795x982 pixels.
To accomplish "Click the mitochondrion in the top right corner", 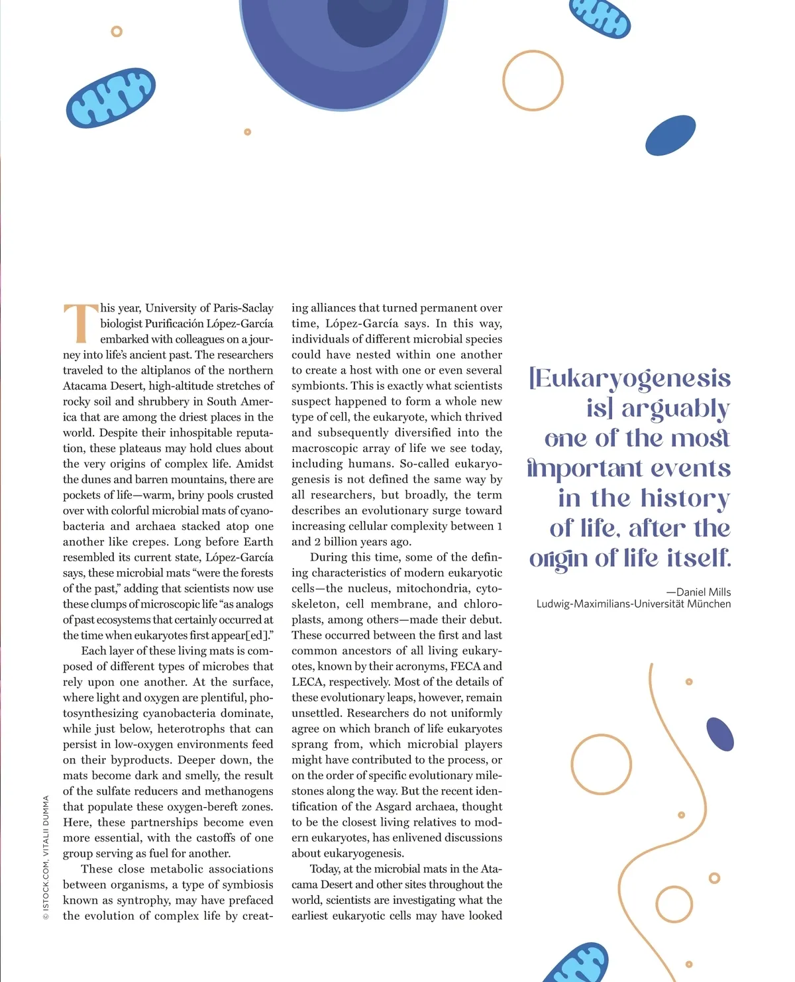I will [600, 16].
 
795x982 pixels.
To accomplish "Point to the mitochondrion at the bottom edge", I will [576, 964].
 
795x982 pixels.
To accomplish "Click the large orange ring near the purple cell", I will [533, 80].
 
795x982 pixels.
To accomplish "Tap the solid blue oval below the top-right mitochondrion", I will [670, 135].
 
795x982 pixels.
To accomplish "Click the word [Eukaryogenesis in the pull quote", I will [629, 378].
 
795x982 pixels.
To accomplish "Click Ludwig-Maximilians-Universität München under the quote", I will [633, 604].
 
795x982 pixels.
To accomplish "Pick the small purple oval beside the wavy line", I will [720, 734].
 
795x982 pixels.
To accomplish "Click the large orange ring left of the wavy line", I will [601, 764].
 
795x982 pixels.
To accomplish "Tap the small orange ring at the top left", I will [117, 31].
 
